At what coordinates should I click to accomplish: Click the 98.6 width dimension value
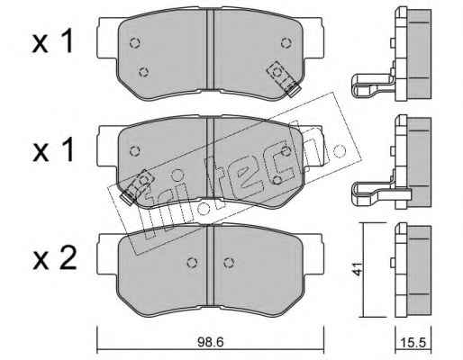211,342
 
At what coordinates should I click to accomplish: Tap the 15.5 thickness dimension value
413,342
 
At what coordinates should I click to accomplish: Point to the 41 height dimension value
358,268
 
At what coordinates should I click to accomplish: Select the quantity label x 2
54,257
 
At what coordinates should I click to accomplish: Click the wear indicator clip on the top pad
284,78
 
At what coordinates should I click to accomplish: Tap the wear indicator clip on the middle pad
137,186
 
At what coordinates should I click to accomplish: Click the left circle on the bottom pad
192,263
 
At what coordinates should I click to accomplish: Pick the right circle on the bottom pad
229,263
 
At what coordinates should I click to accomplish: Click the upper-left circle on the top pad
135,43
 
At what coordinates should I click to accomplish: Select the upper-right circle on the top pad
286,42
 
